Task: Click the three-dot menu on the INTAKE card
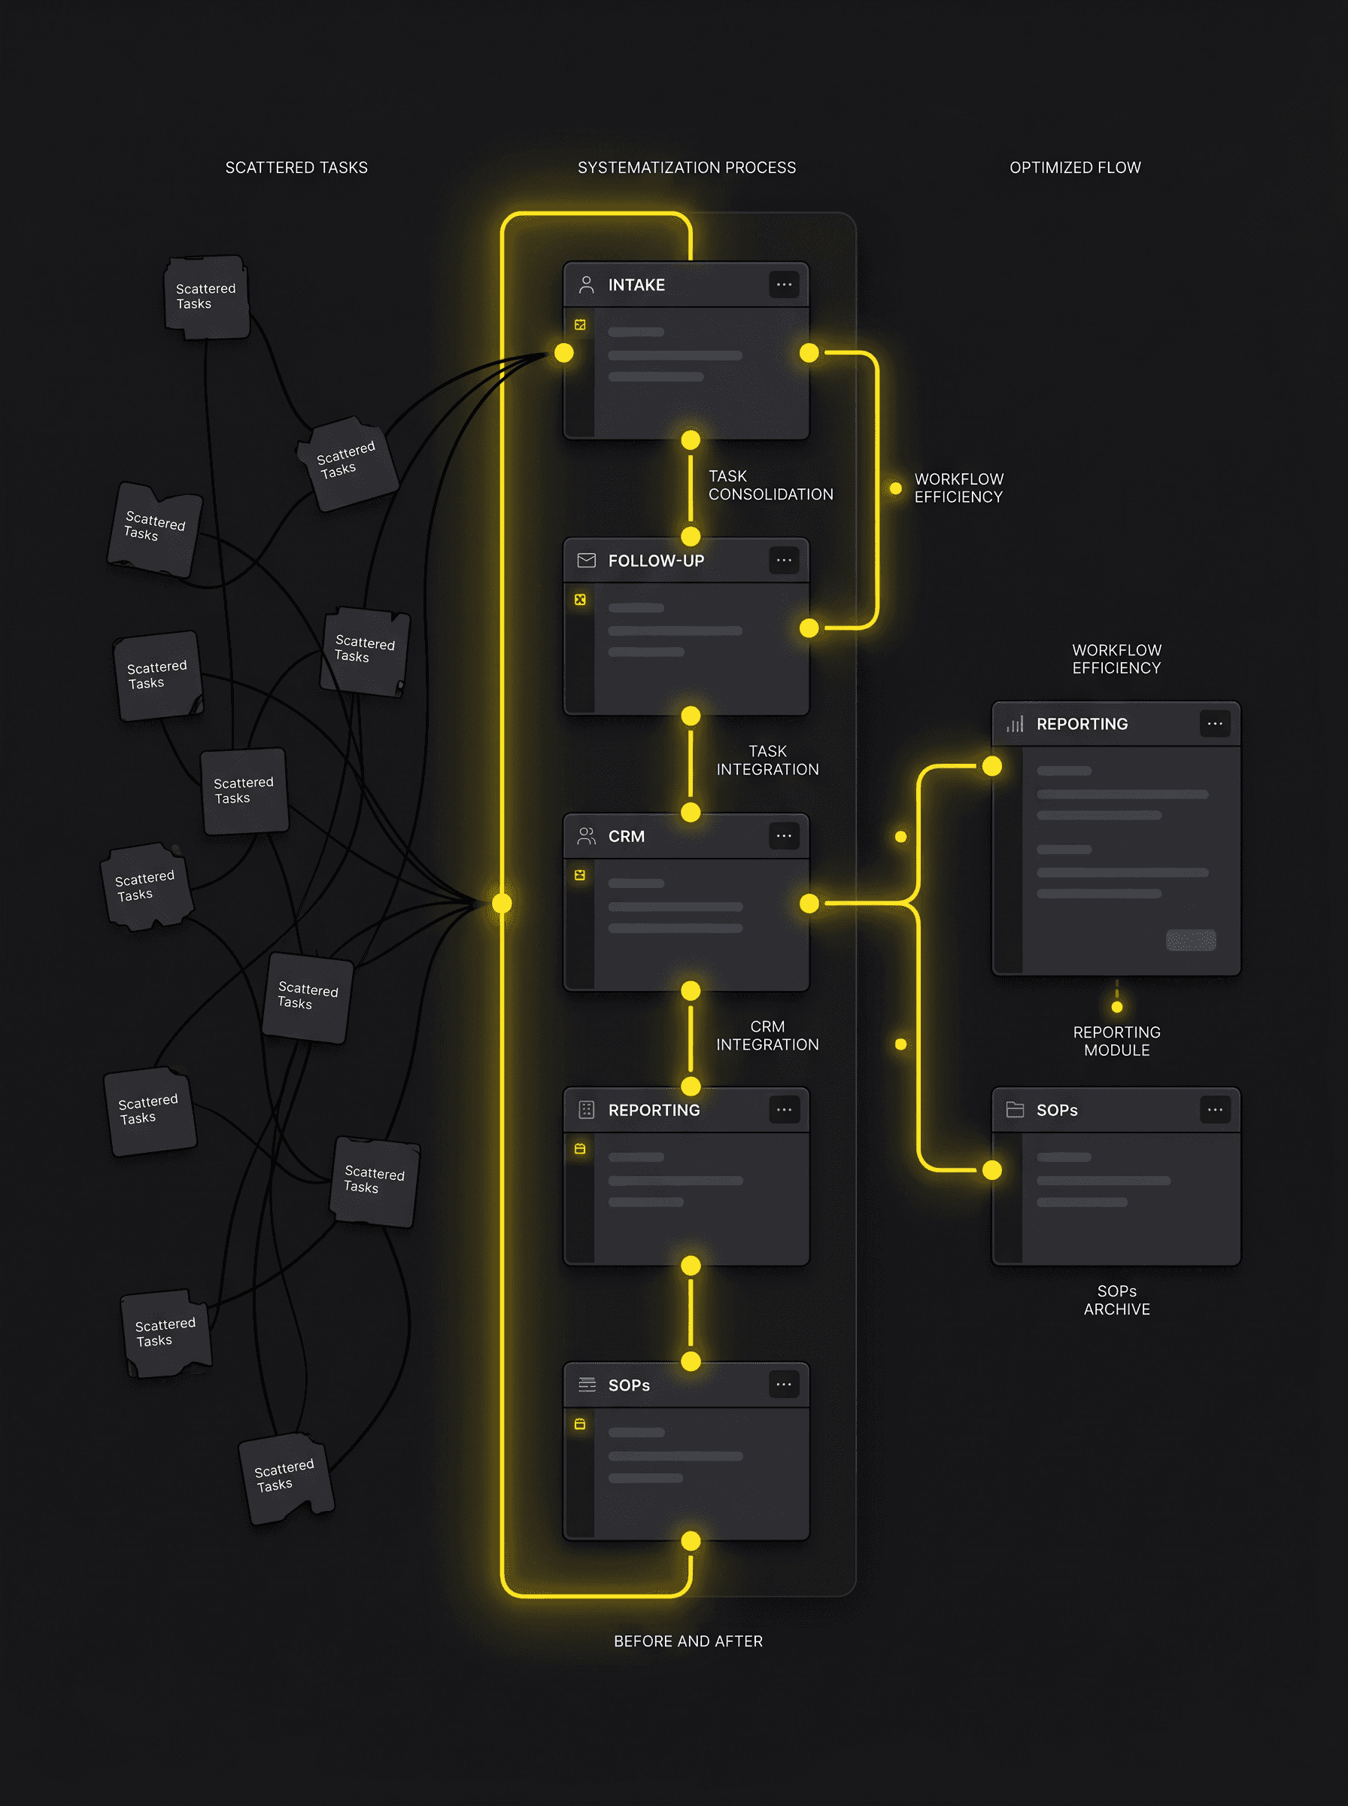[783, 284]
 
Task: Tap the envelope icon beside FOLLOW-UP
[586, 560]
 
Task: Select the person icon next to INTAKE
[586, 284]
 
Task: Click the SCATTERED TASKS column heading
[296, 167]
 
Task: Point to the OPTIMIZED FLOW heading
[1075, 167]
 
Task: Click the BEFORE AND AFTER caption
[688, 1640]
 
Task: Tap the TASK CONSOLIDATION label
[770, 485]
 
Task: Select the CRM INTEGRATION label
[767, 1035]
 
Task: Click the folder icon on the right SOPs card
[1014, 1109]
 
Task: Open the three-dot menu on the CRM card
[783, 836]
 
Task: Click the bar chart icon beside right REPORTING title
[1014, 723]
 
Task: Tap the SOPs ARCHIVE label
[1116, 1300]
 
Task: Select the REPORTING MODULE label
[1116, 1041]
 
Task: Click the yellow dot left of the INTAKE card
[564, 353]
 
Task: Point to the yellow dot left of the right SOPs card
[991, 1169]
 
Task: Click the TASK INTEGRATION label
[767, 760]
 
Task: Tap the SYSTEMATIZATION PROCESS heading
[686, 167]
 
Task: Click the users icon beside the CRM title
[586, 836]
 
